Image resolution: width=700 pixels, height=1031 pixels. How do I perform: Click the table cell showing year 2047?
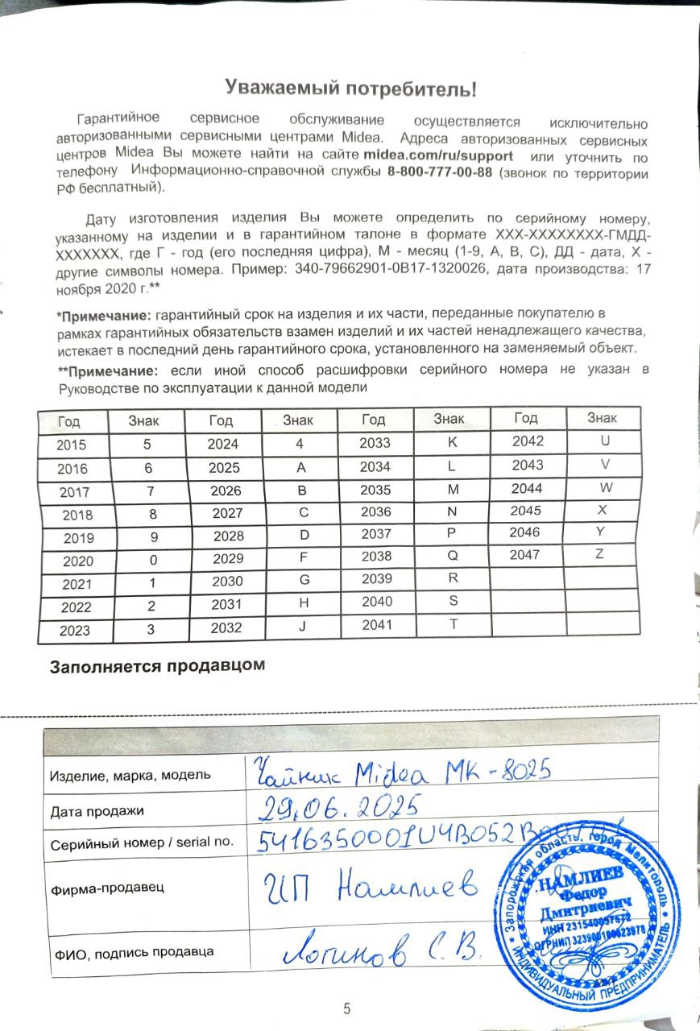coord(526,554)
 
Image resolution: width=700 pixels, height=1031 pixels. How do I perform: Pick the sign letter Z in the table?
coord(599,553)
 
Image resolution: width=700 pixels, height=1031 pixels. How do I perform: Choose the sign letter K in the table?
coord(452,441)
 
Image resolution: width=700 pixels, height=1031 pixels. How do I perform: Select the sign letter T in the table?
coord(452,624)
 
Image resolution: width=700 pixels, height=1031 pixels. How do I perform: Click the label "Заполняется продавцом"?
coord(157,667)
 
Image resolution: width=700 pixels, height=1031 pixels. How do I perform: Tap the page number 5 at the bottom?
coord(347,1008)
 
